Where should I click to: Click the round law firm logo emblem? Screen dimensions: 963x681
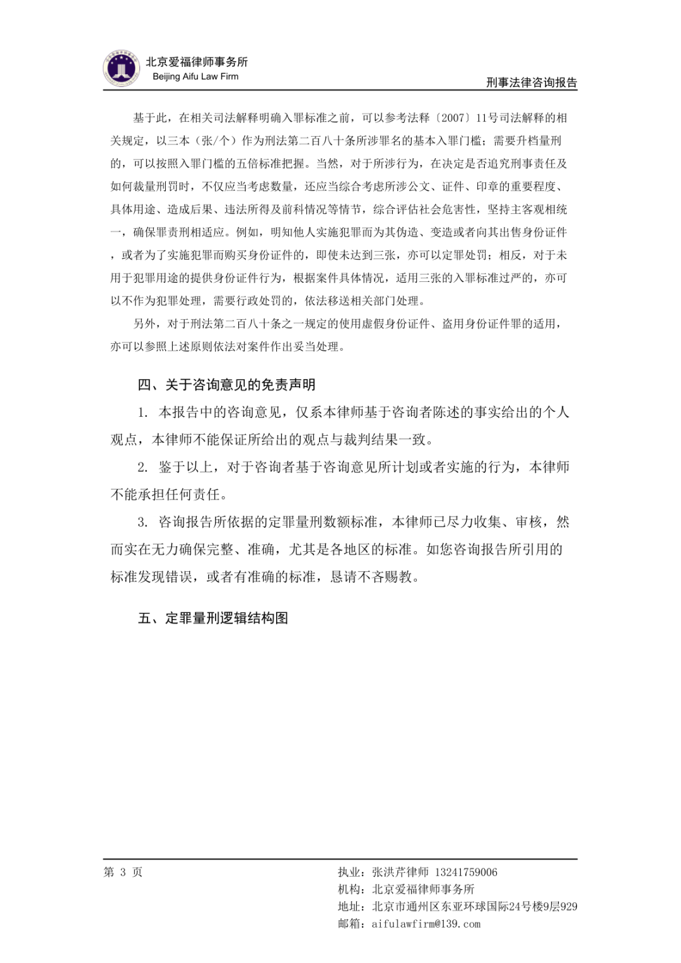(121, 69)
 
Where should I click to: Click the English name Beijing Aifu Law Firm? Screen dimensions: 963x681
(195, 76)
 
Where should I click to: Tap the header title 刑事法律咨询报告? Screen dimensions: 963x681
(532, 83)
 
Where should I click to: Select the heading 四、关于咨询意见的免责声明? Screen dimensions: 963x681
(226, 385)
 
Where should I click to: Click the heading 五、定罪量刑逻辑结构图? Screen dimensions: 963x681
(213, 618)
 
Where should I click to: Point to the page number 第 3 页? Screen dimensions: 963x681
(123, 872)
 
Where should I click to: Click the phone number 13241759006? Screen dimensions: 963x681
(466, 872)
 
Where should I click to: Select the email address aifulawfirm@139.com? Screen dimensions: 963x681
(426, 924)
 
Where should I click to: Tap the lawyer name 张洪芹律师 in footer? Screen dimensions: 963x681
(400, 872)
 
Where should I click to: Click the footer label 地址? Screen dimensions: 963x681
(349, 907)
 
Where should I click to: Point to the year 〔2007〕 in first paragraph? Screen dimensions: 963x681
(452, 118)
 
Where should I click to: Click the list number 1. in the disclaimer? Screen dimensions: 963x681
(143, 412)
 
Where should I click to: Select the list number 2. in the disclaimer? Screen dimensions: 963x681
(143, 467)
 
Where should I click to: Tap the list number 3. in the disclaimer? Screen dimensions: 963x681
(143, 522)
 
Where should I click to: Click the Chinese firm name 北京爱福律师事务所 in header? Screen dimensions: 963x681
(197, 62)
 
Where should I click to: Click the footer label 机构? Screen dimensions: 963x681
(349, 889)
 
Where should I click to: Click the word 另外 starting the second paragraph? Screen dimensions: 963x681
(144, 324)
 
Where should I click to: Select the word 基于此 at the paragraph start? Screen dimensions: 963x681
(150, 118)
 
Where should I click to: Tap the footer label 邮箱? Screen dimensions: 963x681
(349, 924)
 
